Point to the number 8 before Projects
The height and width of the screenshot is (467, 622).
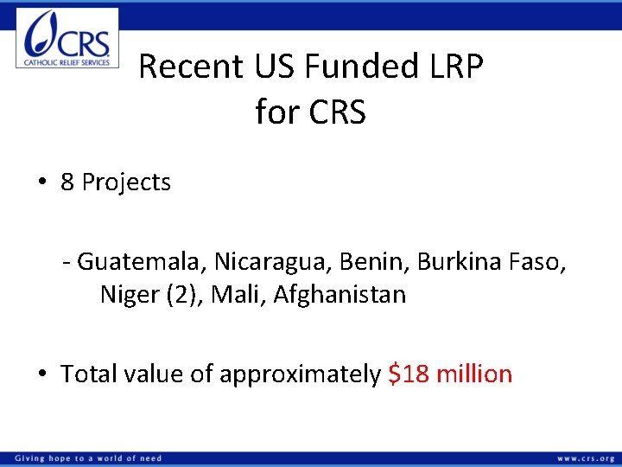pyautogui.click(x=67, y=182)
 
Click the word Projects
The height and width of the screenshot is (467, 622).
pyautogui.click(x=126, y=183)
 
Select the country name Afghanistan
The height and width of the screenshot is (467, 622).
pyautogui.click(x=340, y=295)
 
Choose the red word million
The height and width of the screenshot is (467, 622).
pyautogui.click(x=474, y=374)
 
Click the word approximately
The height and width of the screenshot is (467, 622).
pyautogui.click(x=300, y=374)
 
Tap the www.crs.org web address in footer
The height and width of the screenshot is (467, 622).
pyautogui.click(x=586, y=457)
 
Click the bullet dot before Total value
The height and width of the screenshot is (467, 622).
pyautogui.click(x=41, y=374)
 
